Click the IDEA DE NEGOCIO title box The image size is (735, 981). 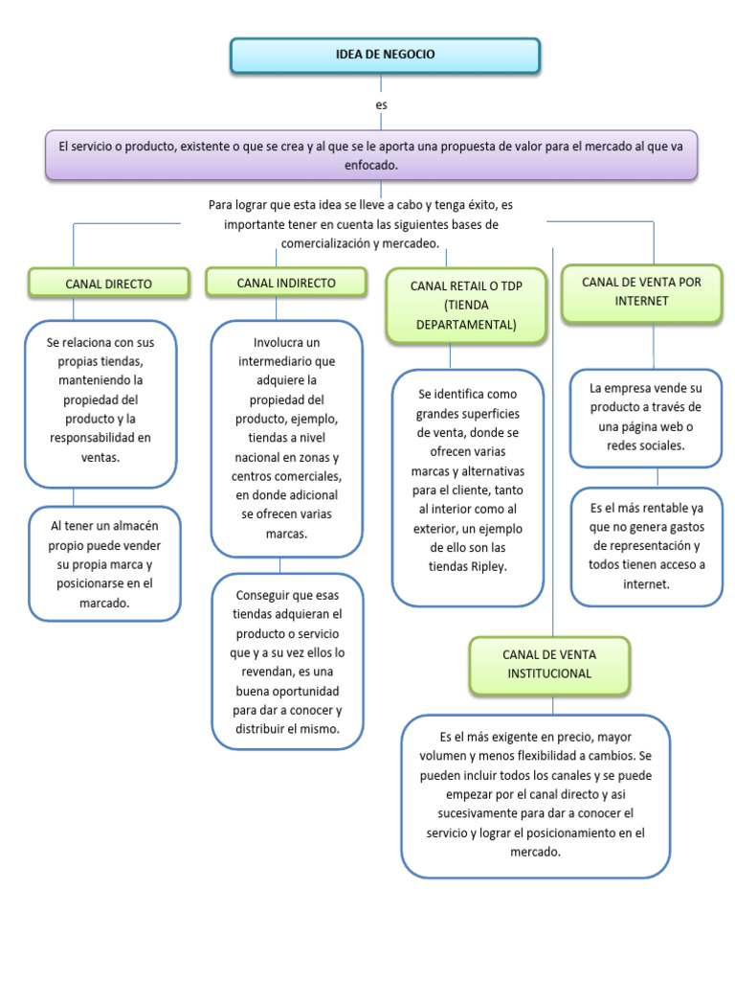(x=385, y=56)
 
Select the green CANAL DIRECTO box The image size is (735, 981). (x=109, y=284)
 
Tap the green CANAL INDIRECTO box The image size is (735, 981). (x=285, y=283)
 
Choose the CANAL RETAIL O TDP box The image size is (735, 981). (x=466, y=305)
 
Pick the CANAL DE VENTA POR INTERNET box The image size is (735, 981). (x=641, y=291)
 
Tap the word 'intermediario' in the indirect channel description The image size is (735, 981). (x=287, y=362)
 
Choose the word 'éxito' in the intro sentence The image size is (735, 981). (x=482, y=205)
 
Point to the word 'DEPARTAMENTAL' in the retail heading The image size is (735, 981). (x=466, y=324)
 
